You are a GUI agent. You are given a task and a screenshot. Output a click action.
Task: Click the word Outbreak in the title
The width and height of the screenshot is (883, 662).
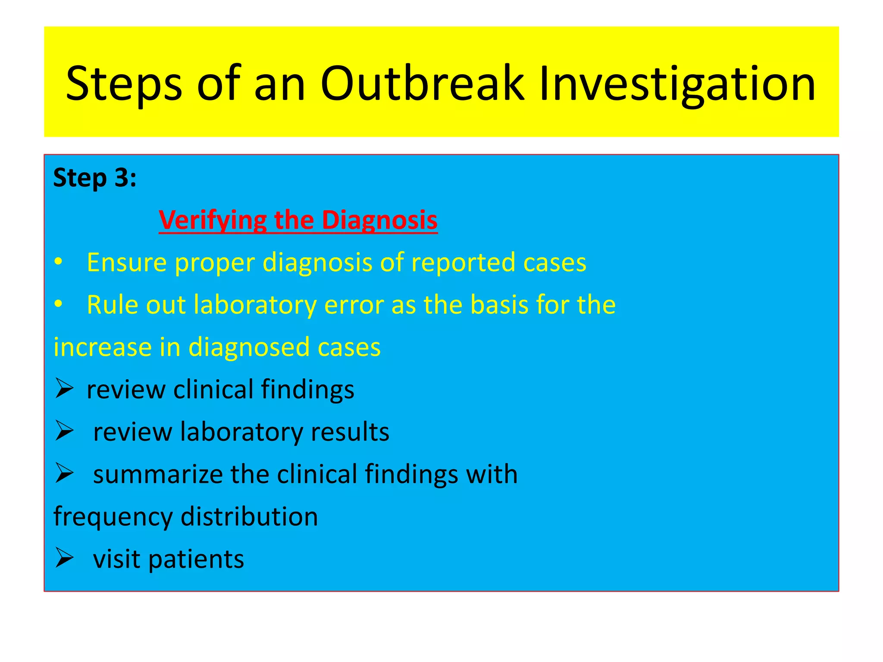pos(422,84)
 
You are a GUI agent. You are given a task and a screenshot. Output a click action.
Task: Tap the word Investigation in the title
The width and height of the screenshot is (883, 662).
pos(677,84)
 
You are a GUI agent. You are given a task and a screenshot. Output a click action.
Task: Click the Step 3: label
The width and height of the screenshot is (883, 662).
pos(95,178)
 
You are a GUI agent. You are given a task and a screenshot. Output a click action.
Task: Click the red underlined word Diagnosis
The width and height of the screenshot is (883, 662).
pos(380,220)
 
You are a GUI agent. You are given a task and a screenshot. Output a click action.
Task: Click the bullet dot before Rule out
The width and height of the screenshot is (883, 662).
pos(59,304)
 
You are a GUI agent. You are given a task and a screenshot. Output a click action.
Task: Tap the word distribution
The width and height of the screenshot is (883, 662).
pos(249,517)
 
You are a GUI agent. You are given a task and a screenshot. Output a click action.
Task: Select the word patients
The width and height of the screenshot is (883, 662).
pos(196,559)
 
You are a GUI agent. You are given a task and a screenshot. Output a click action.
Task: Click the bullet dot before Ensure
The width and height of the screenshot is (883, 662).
pos(59,262)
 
